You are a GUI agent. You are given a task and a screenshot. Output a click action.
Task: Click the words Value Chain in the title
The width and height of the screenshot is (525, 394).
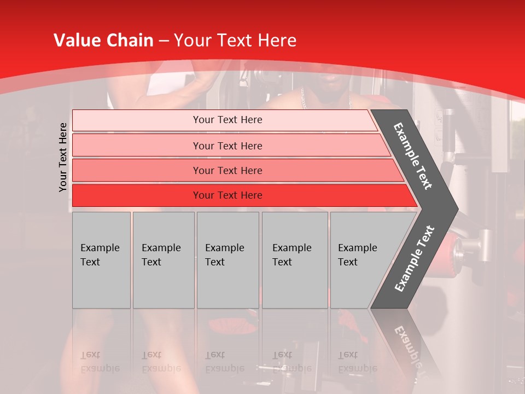(103, 40)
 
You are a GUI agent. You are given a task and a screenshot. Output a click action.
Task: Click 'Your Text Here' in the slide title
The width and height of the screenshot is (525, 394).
(235, 40)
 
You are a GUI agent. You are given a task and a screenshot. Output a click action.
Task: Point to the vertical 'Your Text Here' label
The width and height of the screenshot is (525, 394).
(63, 157)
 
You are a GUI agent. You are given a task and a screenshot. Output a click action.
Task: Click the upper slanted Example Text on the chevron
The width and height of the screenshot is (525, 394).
(413, 156)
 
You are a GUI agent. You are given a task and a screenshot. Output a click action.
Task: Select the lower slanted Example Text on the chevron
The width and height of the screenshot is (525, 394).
(415, 258)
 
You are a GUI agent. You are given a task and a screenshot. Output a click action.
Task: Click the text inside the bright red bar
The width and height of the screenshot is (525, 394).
(227, 195)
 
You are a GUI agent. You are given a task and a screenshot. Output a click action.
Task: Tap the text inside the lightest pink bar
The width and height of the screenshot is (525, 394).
(227, 120)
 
